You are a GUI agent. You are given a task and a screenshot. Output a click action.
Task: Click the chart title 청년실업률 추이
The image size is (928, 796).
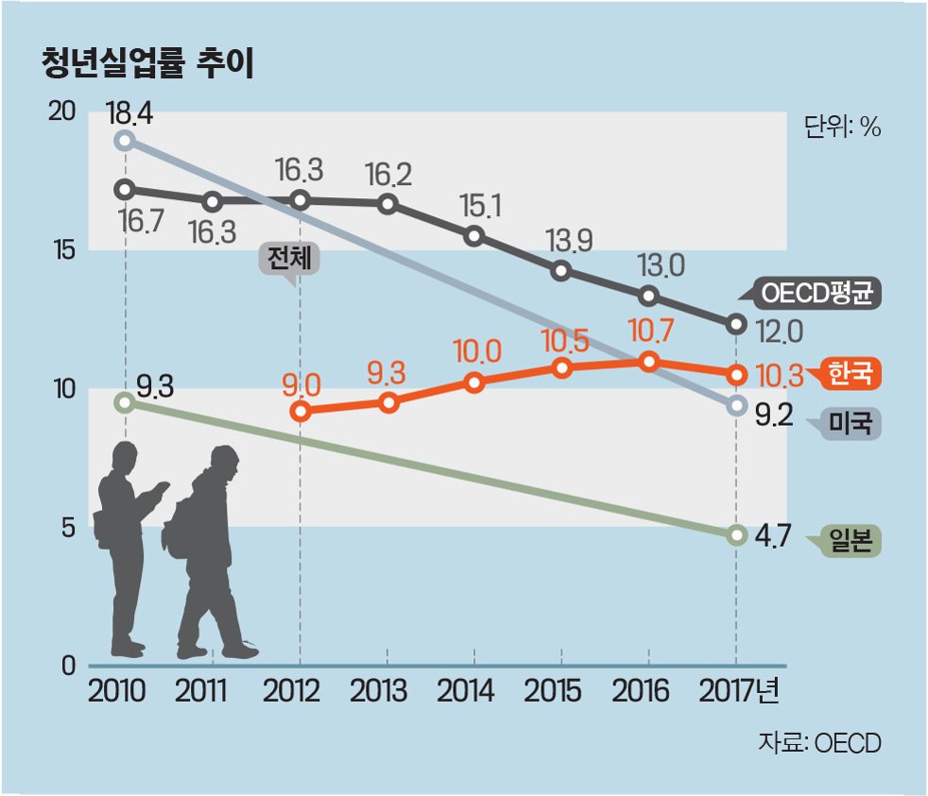tap(148, 63)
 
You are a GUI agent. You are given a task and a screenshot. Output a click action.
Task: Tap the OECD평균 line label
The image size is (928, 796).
tap(816, 293)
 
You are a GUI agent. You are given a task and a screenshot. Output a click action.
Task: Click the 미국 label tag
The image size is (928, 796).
tap(847, 423)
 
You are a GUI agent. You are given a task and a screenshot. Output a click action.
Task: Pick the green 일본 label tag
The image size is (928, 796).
tap(847, 540)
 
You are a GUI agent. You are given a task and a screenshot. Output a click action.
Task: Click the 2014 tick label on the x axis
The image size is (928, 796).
tap(465, 691)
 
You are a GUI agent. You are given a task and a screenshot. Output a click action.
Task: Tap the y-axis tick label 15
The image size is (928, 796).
tap(64, 251)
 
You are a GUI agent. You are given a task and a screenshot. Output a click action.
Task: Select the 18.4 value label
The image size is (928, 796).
tap(129, 113)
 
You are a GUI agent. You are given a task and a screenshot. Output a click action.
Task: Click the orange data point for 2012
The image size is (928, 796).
tap(301, 411)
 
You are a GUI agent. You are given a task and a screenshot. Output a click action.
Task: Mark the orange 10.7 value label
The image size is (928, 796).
tap(650, 330)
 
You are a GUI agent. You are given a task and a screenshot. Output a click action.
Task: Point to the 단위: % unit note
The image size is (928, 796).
tap(842, 127)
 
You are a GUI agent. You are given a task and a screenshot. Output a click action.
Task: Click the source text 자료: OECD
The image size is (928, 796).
tap(819, 743)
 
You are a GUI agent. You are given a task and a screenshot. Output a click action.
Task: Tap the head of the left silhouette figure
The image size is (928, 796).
tap(126, 456)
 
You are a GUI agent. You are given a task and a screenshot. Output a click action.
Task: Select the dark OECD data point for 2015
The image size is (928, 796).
tap(561, 271)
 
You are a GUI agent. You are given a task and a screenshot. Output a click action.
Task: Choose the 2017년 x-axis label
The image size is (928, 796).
tap(739, 691)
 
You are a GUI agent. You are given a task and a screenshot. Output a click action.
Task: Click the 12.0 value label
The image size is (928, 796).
tap(780, 333)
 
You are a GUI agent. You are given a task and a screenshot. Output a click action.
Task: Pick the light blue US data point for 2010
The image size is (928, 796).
tap(125, 141)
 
